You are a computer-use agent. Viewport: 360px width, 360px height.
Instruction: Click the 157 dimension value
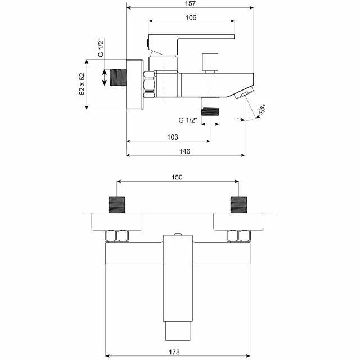click(x=190, y=3)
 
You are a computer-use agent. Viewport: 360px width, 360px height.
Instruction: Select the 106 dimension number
click(x=191, y=17)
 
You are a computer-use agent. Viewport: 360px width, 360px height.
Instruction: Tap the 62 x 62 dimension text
click(x=82, y=84)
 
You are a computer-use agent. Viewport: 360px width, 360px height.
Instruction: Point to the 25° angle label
click(x=262, y=109)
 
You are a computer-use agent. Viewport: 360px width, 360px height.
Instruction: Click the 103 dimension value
click(x=173, y=137)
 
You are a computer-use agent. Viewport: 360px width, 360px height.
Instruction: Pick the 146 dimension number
click(x=185, y=151)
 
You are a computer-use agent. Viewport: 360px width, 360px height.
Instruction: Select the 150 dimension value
click(x=177, y=177)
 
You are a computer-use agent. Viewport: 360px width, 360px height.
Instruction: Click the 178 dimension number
click(x=174, y=352)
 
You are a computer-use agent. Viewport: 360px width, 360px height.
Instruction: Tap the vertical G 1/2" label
click(x=101, y=48)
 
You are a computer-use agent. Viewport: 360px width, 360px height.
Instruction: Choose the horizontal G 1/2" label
click(x=188, y=120)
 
